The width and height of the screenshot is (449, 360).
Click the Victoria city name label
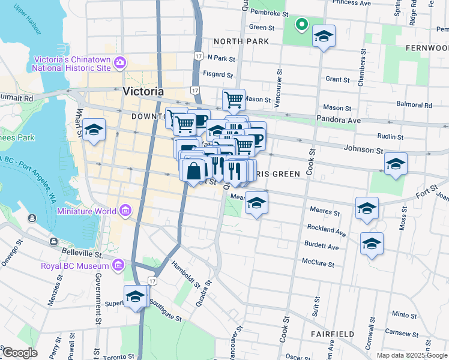(x=143, y=92)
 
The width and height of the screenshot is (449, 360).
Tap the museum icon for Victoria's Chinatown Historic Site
(x=120, y=62)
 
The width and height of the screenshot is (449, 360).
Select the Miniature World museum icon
(x=125, y=211)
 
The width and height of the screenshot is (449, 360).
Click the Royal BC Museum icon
(x=118, y=265)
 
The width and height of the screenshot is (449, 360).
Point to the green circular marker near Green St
(x=301, y=25)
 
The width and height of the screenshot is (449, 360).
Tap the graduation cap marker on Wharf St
(x=94, y=130)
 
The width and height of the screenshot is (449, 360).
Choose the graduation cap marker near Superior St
(x=136, y=296)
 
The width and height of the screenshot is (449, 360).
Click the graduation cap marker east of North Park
(x=324, y=37)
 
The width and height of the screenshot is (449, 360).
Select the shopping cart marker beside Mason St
(x=234, y=99)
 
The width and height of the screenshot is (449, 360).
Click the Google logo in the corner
(x=19, y=353)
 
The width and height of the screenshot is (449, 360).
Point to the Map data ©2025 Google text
(x=411, y=355)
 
